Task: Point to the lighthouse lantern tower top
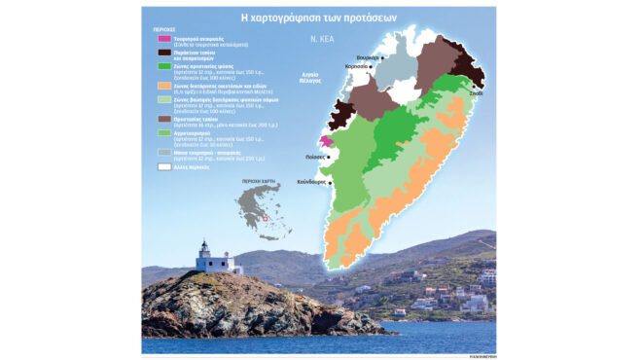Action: (206, 248)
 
